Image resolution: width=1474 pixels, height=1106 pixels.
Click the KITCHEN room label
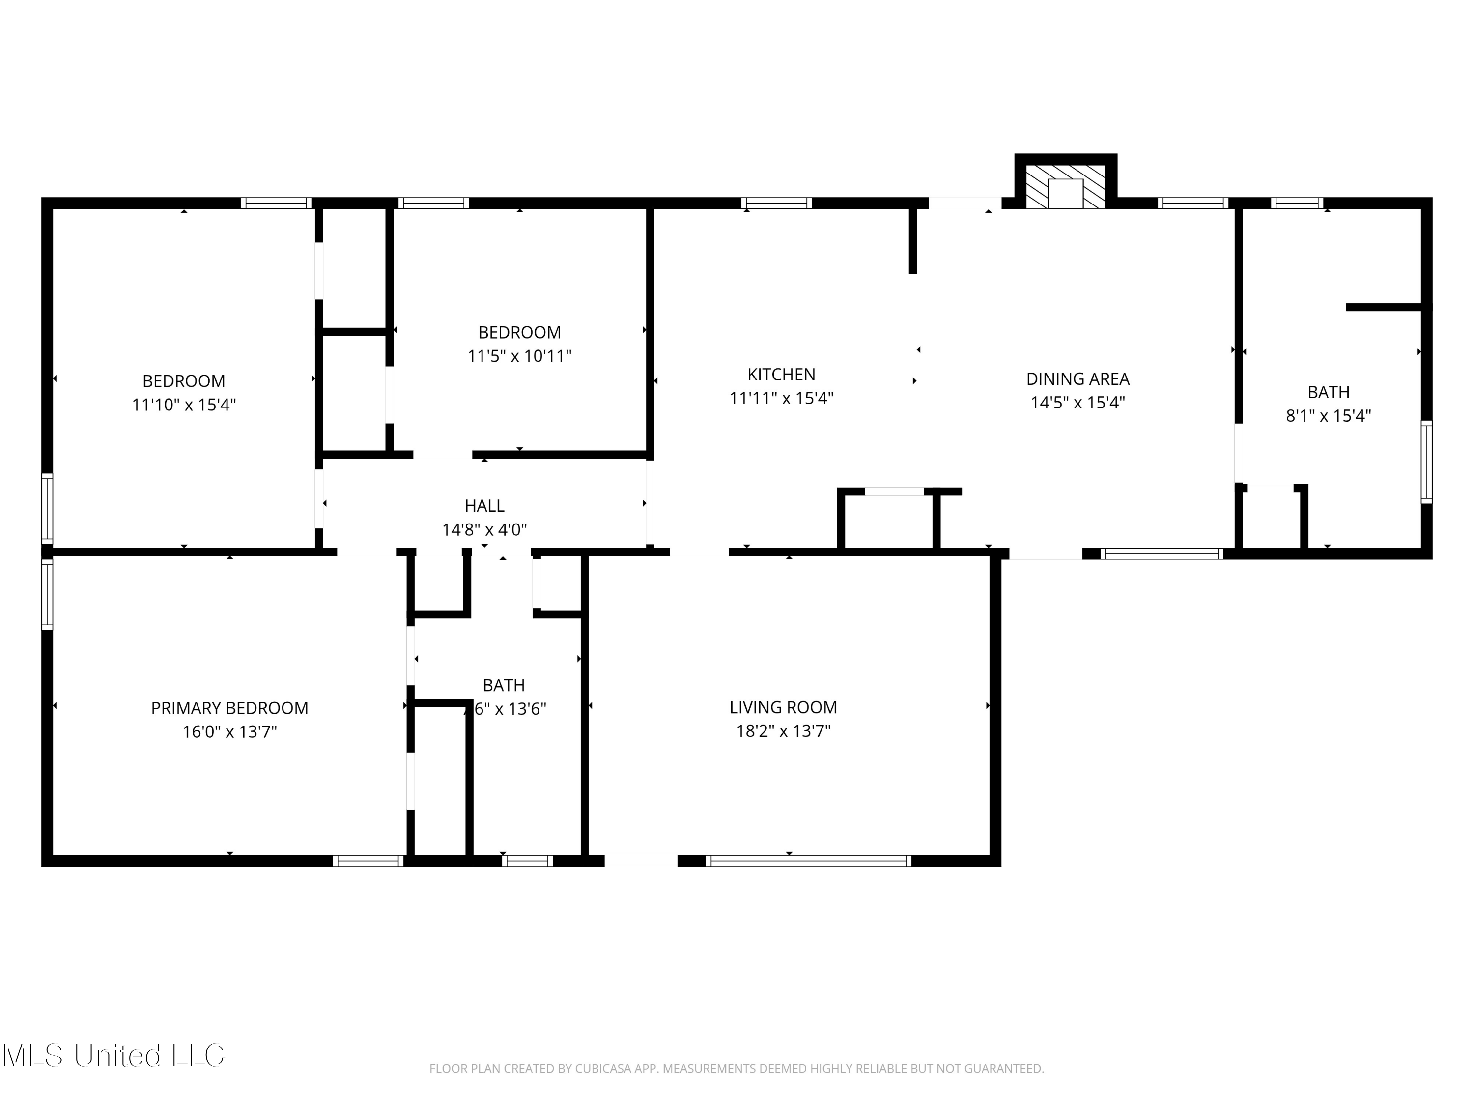coord(781,375)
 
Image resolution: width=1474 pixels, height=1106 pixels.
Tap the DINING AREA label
coord(1077,378)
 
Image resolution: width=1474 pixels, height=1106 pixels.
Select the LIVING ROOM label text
coord(783,707)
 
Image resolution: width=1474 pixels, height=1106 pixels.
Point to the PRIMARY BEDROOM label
coord(229,708)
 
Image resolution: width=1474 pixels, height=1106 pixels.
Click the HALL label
coord(484,506)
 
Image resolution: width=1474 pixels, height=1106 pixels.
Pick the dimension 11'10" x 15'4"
coord(184,405)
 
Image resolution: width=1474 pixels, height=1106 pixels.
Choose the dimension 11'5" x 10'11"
coord(519,356)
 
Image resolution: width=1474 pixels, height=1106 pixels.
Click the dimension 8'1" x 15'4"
coord(1328,416)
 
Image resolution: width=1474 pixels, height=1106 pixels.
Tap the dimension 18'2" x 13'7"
coord(783,731)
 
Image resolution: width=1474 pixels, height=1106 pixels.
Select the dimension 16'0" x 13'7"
coord(229,732)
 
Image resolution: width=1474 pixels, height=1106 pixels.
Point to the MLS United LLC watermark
coord(113,1055)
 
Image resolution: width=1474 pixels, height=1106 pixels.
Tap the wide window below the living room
coord(808,861)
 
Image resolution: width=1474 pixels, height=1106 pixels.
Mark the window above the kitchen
coord(776,204)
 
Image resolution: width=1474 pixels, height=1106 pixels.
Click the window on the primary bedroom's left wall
coord(47,593)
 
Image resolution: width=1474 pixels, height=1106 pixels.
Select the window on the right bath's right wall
coord(1427,462)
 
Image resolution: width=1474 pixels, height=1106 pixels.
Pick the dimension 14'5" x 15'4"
coord(1077,403)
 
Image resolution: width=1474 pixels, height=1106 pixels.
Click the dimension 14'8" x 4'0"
coord(484,530)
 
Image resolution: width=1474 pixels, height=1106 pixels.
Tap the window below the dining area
coord(1162,553)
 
